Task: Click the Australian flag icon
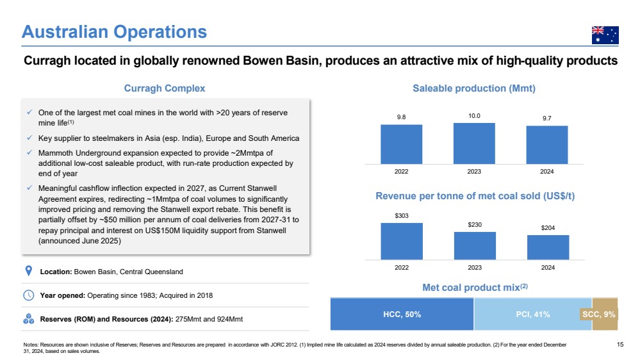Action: [605, 35]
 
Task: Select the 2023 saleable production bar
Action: [474, 143]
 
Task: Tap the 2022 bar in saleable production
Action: [401, 145]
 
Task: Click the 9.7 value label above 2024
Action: [547, 119]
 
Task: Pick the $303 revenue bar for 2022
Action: [402, 241]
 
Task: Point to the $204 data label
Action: [548, 228]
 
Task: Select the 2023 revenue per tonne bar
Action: [475, 246]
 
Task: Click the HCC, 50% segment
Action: [402, 315]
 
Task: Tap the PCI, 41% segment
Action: [532, 315]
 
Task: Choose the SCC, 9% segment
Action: [605, 315]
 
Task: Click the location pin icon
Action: [29, 271]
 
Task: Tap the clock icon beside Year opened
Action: [29, 295]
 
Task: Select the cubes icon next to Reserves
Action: [29, 319]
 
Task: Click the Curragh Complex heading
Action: [165, 88]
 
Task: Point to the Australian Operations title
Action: [114, 32]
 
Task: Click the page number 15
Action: [620, 345]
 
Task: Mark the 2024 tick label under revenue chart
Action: [548, 268]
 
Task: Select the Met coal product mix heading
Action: [475, 288]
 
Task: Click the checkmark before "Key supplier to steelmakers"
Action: [29, 138]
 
